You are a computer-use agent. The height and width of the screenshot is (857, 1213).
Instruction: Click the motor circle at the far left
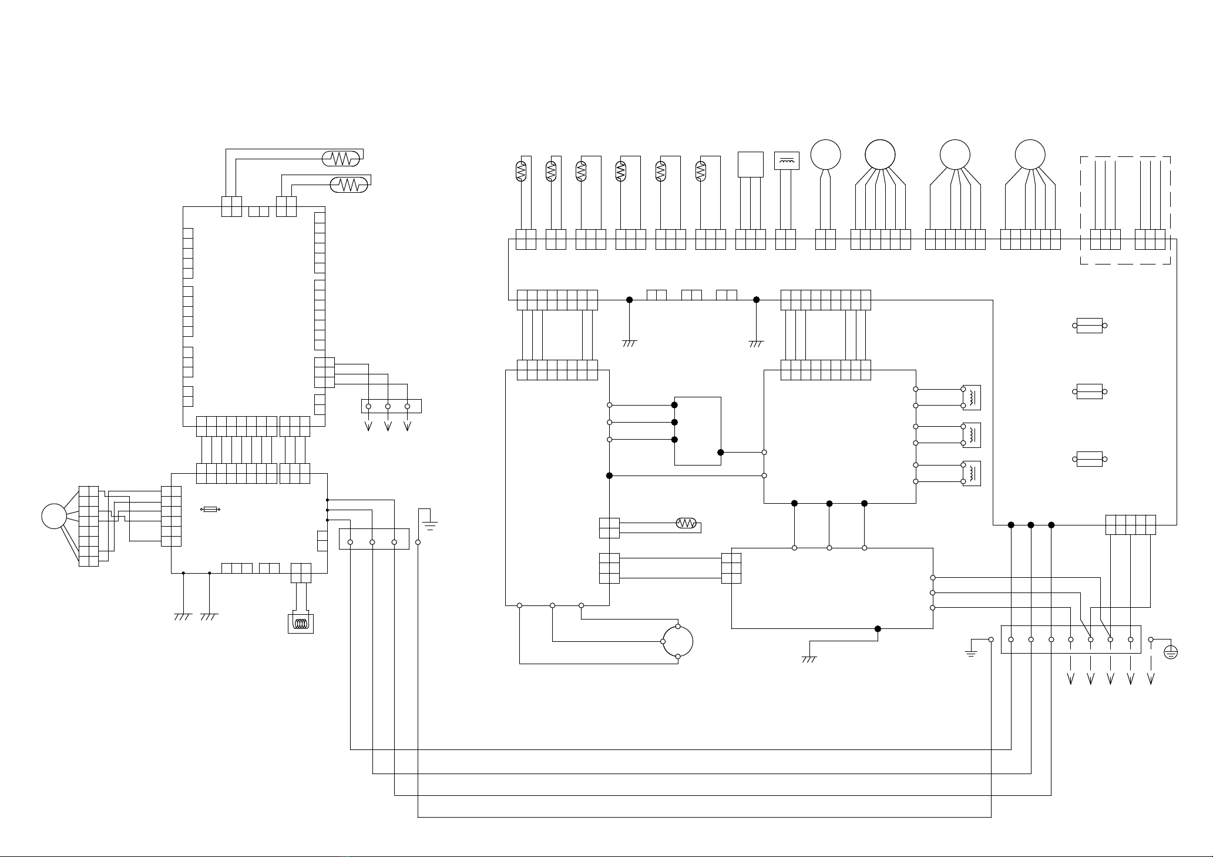pyautogui.click(x=53, y=516)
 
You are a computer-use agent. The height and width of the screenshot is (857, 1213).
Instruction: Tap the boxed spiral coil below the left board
pyautogui.click(x=301, y=623)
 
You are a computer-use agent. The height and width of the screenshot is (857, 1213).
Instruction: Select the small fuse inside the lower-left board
pyautogui.click(x=210, y=510)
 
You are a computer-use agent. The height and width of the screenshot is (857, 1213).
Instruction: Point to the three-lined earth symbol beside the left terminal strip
pyautogui.click(x=430, y=524)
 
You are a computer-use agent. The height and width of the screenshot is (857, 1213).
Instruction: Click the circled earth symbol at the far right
pyautogui.click(x=1170, y=652)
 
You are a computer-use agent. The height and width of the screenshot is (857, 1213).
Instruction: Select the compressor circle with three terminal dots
pyautogui.click(x=678, y=641)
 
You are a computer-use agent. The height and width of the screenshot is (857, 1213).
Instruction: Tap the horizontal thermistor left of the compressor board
pyautogui.click(x=686, y=523)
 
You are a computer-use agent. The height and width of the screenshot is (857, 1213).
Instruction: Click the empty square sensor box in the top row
pyautogui.click(x=750, y=164)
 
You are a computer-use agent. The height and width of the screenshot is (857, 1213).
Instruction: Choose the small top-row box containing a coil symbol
pyautogui.click(x=787, y=160)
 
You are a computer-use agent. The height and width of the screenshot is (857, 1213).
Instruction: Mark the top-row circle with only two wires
pyautogui.click(x=825, y=155)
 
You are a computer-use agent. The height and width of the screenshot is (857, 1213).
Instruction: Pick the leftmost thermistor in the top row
pyautogui.click(x=521, y=170)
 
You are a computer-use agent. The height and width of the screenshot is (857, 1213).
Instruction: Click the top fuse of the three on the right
pyautogui.click(x=1089, y=325)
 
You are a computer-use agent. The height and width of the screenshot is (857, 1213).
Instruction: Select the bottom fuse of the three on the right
pyautogui.click(x=1089, y=458)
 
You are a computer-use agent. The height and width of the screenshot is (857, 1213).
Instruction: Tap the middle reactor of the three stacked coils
pyautogui.click(x=972, y=434)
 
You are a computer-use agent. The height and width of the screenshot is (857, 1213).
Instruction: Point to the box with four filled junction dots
pyautogui.click(x=698, y=431)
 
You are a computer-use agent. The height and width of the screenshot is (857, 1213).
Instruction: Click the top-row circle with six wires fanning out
pyautogui.click(x=880, y=155)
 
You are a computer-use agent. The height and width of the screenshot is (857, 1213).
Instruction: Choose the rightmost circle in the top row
pyautogui.click(x=1030, y=155)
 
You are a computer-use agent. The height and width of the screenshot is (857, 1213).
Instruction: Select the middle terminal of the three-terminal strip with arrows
pyautogui.click(x=388, y=406)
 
